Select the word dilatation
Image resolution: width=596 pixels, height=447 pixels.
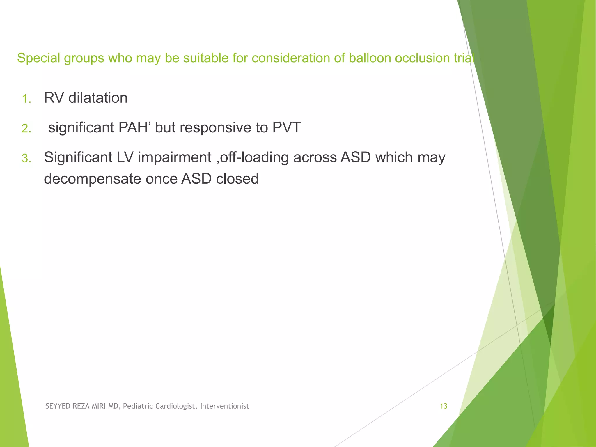click(x=98, y=98)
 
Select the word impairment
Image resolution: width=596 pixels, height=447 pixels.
click(x=175, y=157)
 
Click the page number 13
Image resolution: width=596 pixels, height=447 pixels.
click(x=444, y=406)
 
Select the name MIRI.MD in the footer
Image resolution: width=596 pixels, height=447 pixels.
click(x=105, y=406)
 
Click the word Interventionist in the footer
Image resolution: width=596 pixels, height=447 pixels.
click(x=224, y=406)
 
